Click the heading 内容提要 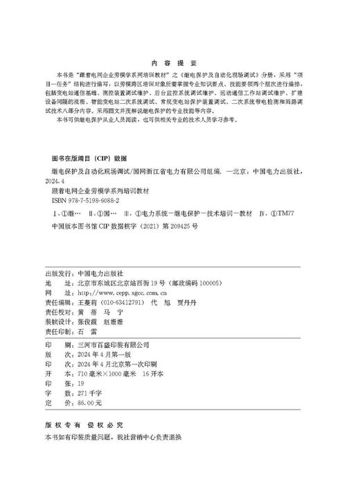coord(179,60)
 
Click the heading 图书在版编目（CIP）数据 coord(86,157)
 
